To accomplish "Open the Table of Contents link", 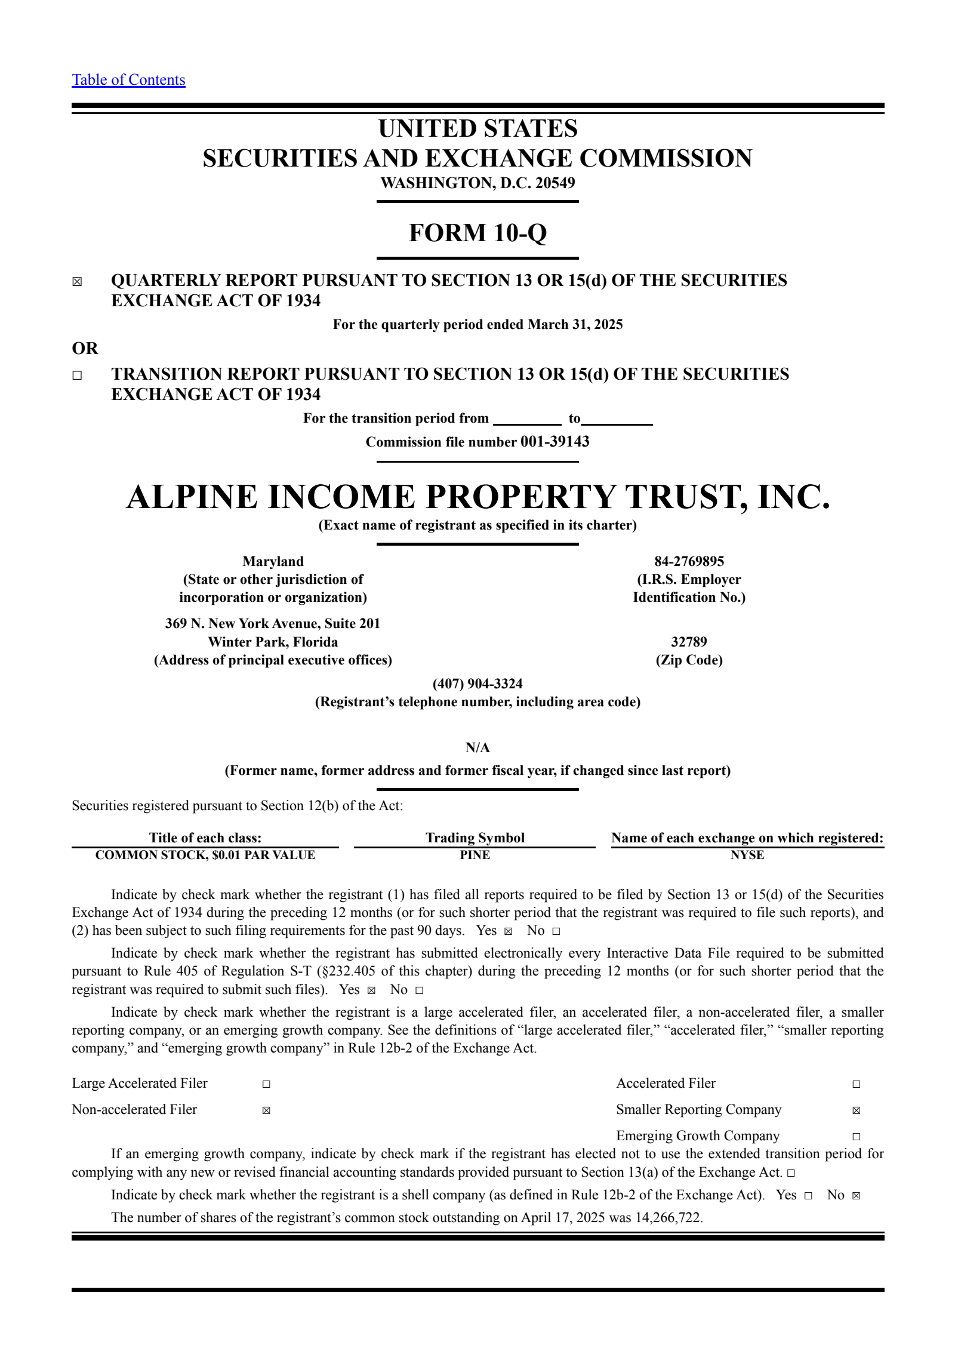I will click(x=128, y=80).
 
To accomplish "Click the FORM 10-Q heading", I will click(x=478, y=233).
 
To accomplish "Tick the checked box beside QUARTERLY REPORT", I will click(x=78, y=282).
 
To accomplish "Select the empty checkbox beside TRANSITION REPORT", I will click(x=78, y=376).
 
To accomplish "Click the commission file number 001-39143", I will click(x=554, y=442).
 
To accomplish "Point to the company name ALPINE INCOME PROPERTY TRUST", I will click(x=478, y=497).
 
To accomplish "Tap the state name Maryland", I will click(x=273, y=561).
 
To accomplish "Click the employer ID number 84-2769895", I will click(x=689, y=561).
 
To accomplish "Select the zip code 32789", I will click(x=689, y=642).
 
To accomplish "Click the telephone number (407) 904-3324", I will click(x=478, y=684).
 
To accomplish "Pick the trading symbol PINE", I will click(x=475, y=855).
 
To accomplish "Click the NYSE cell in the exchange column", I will click(x=747, y=855).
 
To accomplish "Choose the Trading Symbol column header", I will click(x=475, y=838).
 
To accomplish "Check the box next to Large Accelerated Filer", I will click(x=266, y=1084).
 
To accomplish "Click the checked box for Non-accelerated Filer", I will click(x=266, y=1110).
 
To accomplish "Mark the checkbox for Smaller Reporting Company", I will click(x=856, y=1110).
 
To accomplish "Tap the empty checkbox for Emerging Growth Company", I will click(x=856, y=1137).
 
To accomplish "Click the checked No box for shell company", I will click(x=856, y=1196).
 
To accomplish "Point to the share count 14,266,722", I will click(x=668, y=1218).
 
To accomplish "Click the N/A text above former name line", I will click(x=478, y=747).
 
